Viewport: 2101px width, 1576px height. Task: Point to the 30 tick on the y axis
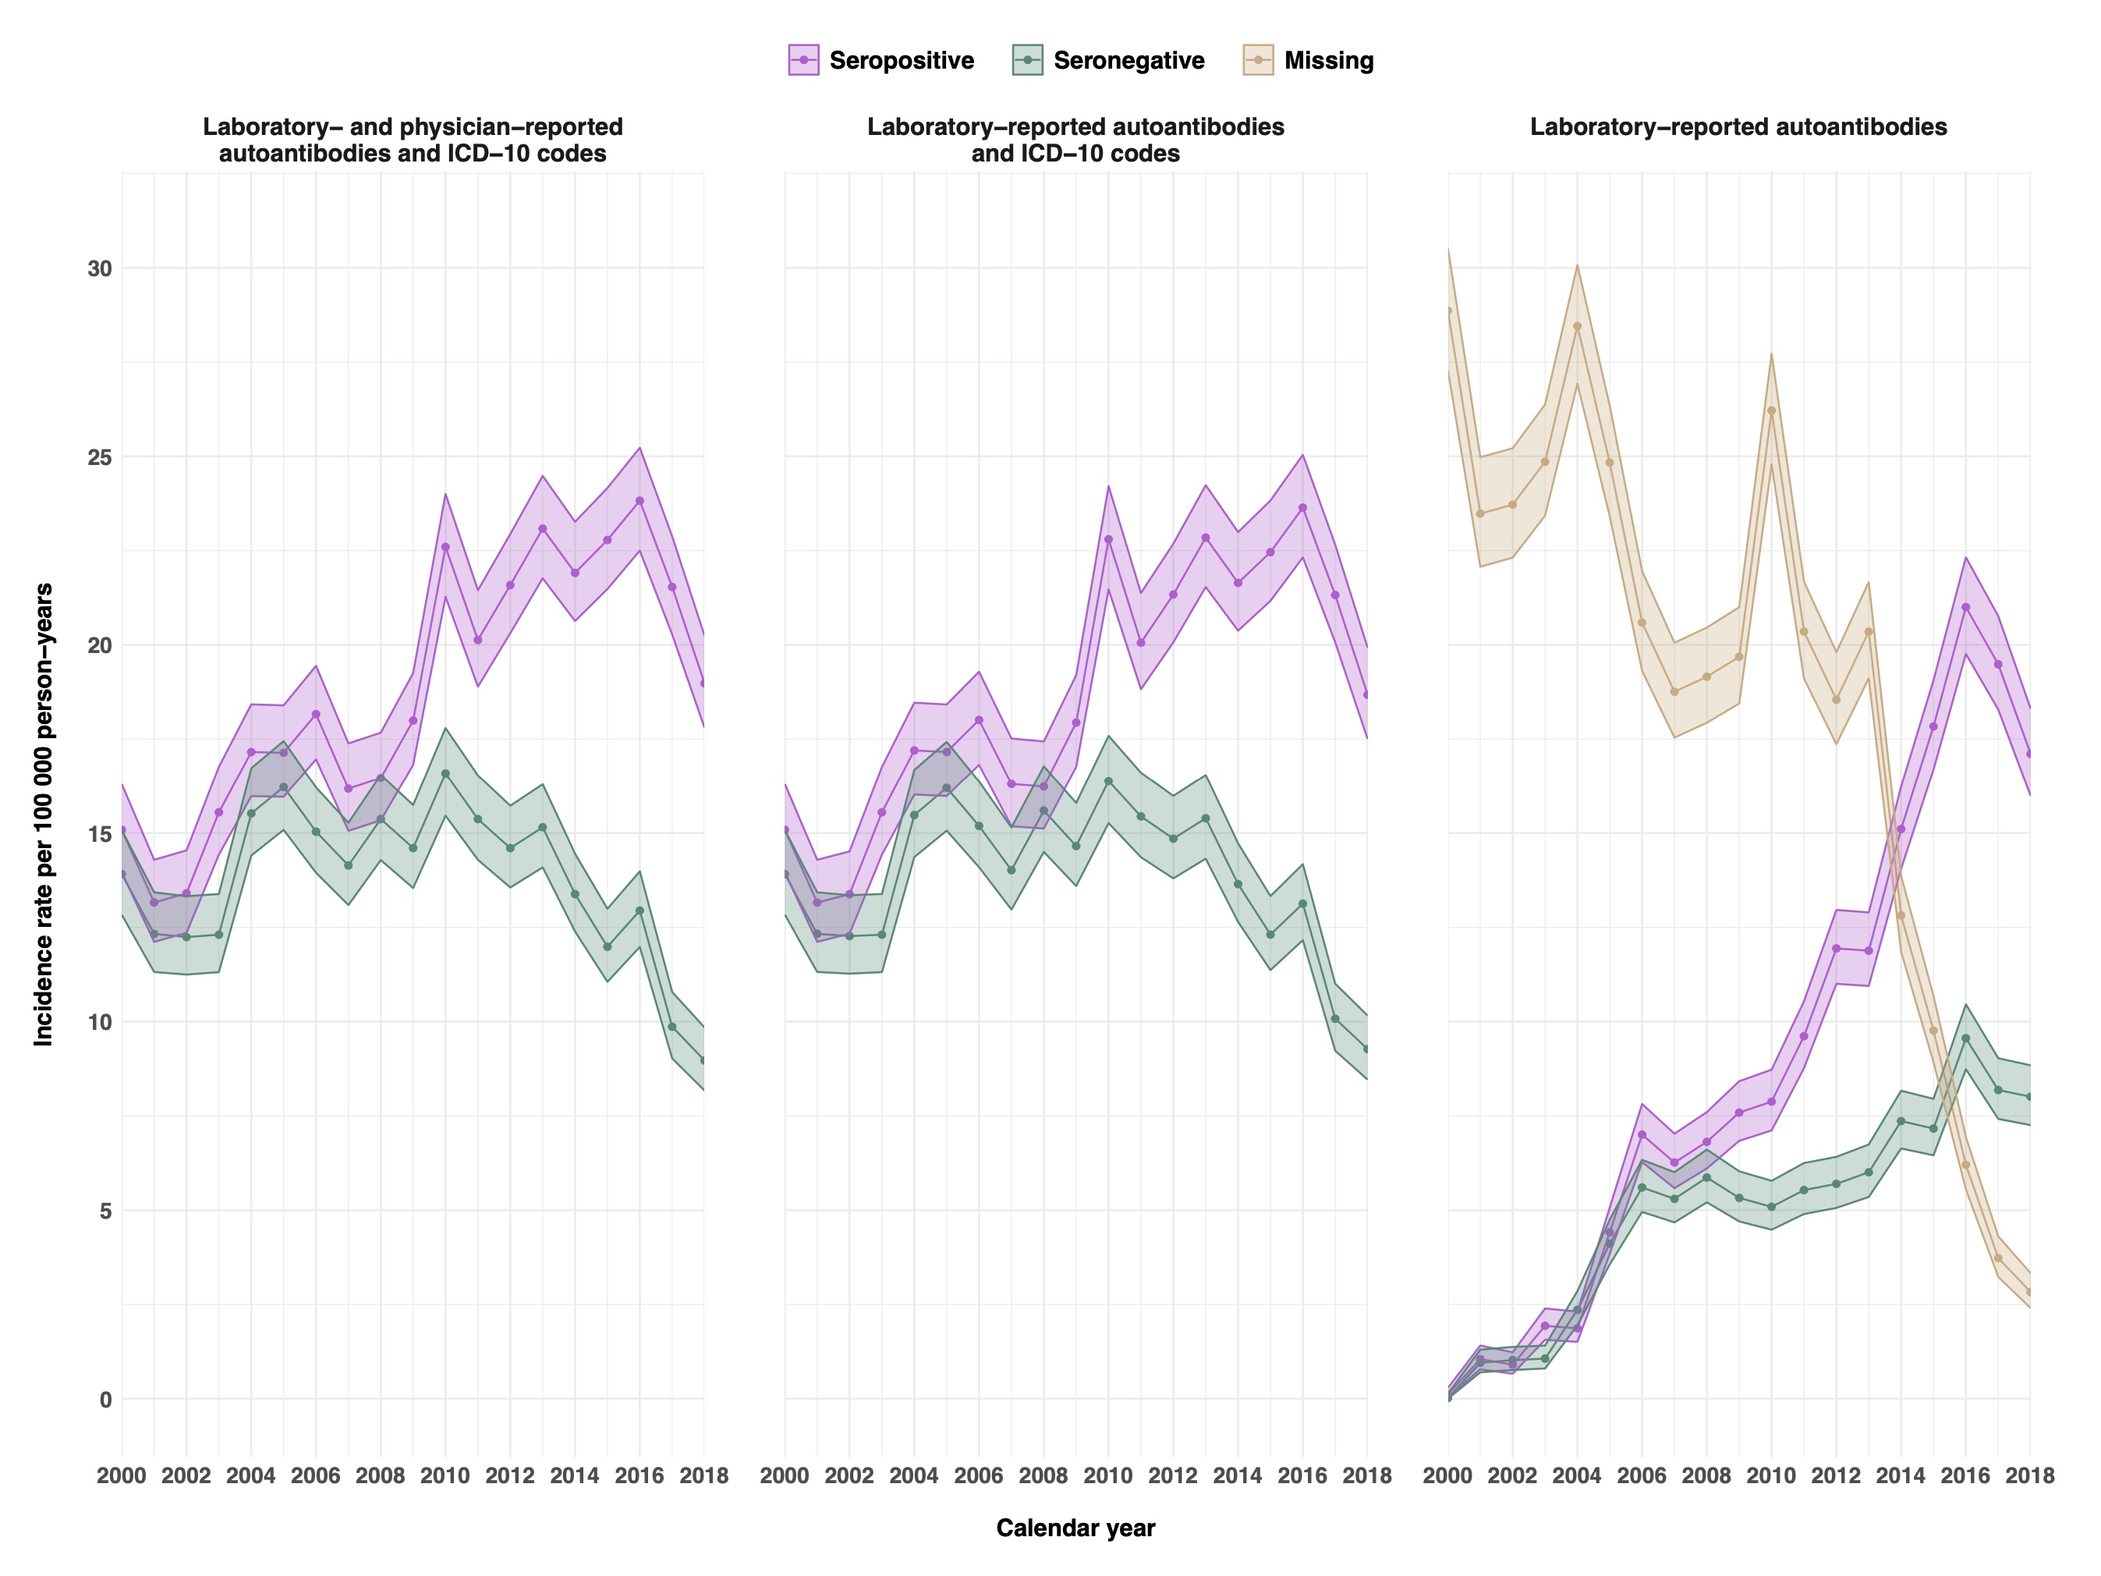tap(100, 269)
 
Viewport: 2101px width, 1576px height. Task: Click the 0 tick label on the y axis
tap(105, 1400)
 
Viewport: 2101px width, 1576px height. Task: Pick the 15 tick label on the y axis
tap(100, 834)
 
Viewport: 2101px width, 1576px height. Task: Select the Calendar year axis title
tap(1075, 1528)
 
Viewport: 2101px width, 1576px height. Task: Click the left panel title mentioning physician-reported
tap(413, 140)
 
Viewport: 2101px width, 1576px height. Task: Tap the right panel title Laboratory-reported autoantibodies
tap(1738, 127)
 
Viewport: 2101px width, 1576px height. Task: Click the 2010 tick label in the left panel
tap(445, 1475)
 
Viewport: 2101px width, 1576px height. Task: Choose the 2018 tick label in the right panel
tap(2030, 1475)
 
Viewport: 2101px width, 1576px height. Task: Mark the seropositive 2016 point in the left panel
tap(640, 501)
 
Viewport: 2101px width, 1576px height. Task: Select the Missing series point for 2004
tap(1578, 327)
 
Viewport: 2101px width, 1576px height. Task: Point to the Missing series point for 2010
tap(1771, 410)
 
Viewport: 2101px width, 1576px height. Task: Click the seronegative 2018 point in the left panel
tap(703, 1061)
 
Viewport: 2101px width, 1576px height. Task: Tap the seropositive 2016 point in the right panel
tap(1965, 607)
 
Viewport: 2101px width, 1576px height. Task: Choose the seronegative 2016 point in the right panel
tap(1965, 1038)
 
